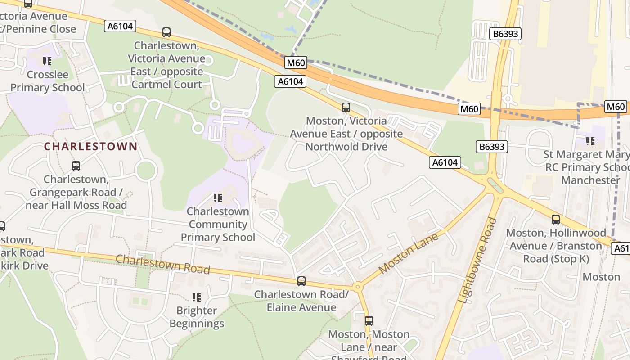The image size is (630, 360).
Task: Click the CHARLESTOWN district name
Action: click(x=90, y=146)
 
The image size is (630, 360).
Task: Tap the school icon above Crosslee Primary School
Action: click(x=47, y=61)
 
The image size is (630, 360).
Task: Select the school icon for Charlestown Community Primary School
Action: click(x=218, y=198)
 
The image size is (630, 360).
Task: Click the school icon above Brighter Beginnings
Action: click(x=197, y=297)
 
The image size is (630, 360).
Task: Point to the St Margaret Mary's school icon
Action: click(x=590, y=141)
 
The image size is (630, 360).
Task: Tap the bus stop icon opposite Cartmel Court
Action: click(x=166, y=32)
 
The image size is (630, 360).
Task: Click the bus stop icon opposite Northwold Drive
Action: click(x=346, y=108)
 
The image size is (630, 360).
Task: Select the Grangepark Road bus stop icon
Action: click(x=76, y=166)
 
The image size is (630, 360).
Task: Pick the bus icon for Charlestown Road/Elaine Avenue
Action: click(x=301, y=281)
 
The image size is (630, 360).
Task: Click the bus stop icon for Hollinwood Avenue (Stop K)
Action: click(x=556, y=220)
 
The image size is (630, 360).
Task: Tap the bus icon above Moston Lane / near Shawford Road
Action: click(x=369, y=321)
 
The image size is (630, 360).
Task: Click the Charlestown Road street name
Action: click(x=163, y=264)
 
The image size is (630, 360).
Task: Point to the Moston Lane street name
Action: click(x=408, y=253)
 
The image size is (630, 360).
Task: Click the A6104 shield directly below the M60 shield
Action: click(x=290, y=81)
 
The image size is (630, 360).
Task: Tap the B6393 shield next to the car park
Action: click(x=506, y=34)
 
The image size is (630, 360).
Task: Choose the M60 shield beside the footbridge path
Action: click(x=296, y=63)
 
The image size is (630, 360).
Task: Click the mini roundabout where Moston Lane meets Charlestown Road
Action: click(x=358, y=286)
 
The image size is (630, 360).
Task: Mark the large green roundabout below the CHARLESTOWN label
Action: click(x=146, y=171)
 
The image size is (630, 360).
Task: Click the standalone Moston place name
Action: click(x=601, y=277)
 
